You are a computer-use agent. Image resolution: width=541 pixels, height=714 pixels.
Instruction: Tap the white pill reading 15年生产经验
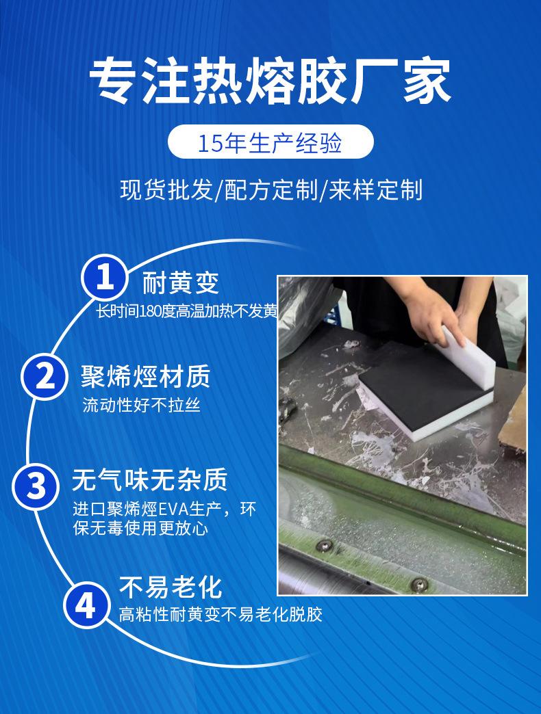pyautogui.click(x=270, y=142)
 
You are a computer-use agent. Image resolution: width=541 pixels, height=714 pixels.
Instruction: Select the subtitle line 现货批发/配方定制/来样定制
pyautogui.click(x=271, y=190)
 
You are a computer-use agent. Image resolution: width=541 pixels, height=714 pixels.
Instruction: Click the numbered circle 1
pyautogui.click(x=104, y=277)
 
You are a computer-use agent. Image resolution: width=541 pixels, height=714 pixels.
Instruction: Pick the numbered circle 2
pyautogui.click(x=45, y=377)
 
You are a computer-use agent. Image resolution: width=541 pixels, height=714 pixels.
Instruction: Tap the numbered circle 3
pyautogui.click(x=36, y=486)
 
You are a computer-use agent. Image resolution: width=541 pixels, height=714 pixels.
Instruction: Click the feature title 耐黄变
pyautogui.click(x=181, y=282)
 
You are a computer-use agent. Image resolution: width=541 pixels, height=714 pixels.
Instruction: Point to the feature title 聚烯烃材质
pyautogui.click(x=145, y=376)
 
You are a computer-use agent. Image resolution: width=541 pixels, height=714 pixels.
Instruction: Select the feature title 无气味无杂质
pyautogui.click(x=149, y=479)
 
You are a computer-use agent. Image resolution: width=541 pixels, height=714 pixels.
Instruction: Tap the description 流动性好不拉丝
pyautogui.click(x=141, y=405)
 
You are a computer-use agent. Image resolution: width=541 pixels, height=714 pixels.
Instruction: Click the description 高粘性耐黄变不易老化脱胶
pyautogui.click(x=221, y=614)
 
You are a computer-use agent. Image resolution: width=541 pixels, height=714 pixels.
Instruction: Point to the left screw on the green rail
pyautogui.click(x=324, y=545)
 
